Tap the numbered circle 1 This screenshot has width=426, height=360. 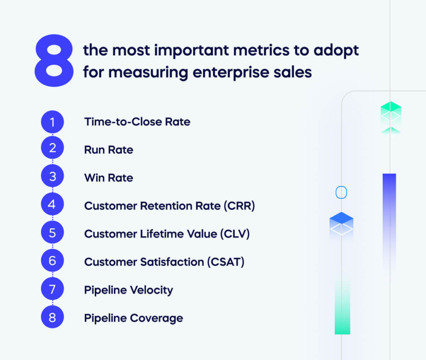[x=52, y=122]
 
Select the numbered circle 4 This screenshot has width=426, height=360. [x=52, y=205]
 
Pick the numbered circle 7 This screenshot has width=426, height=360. [x=52, y=290]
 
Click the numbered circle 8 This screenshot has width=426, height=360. [x=52, y=318]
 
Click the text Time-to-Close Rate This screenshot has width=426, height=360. [x=137, y=122]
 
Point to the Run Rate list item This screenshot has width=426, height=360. [x=109, y=150]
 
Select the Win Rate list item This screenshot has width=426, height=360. [x=109, y=178]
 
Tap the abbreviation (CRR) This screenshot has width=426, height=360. [x=239, y=206]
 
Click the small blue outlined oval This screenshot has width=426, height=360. [x=341, y=192]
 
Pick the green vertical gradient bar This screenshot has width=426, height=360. [x=342, y=308]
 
